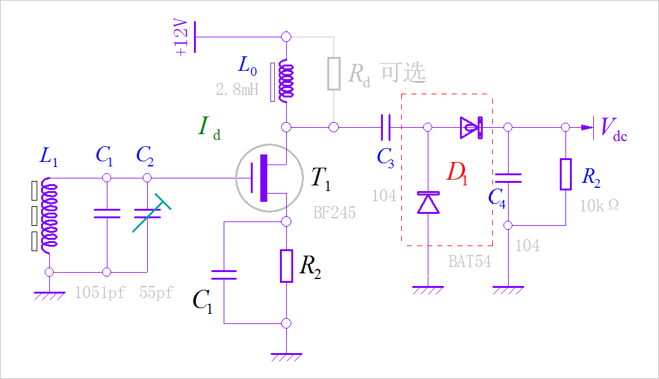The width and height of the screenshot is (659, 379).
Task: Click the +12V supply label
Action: (182, 37)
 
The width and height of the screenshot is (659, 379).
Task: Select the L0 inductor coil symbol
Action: (286, 82)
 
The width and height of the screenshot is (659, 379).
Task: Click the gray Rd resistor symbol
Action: (334, 74)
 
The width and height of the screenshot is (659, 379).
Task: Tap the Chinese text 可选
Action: (403, 73)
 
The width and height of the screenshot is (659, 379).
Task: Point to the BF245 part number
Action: (334, 213)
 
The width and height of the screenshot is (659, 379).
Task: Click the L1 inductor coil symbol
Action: (50, 215)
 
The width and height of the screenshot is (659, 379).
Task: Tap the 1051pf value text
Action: (99, 292)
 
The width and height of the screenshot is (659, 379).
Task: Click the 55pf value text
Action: (156, 292)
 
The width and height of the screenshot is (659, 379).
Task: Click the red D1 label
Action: (457, 172)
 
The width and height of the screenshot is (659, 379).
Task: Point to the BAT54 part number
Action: (469, 261)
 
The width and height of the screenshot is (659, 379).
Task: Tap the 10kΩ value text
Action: (598, 206)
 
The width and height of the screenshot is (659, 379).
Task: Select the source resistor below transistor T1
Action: (286, 266)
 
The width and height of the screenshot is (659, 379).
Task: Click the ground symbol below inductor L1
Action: (49, 294)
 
